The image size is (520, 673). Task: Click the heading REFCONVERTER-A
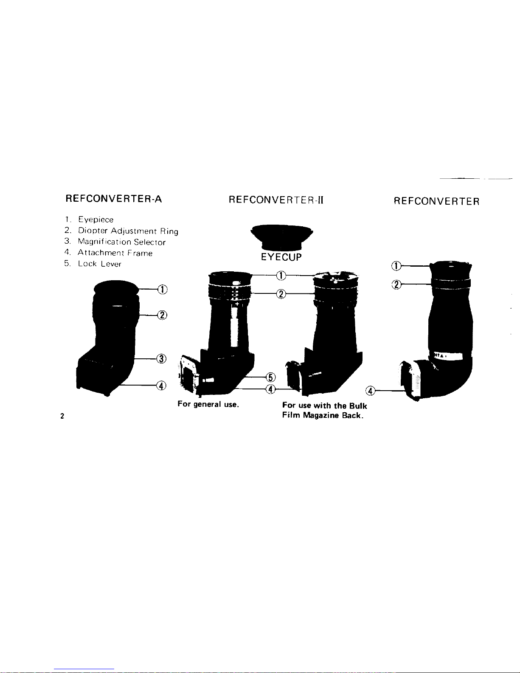point(114,199)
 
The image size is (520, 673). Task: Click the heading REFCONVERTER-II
point(276,200)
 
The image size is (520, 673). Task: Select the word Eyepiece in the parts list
point(96,220)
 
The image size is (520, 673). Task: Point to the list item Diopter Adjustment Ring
point(127,231)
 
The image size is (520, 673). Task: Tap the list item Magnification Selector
point(121,242)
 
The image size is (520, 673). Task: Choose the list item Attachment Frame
point(115,253)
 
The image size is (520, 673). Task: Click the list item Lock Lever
point(99,264)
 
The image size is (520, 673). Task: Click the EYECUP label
point(281,257)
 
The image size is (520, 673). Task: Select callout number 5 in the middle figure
point(270,377)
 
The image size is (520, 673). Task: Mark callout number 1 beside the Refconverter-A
point(162,289)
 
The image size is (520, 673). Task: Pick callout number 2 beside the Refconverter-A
point(162,315)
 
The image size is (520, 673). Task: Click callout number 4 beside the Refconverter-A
point(161,386)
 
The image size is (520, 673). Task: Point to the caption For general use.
point(208,404)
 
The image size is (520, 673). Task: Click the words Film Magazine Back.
point(322,415)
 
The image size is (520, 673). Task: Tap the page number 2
point(62,416)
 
